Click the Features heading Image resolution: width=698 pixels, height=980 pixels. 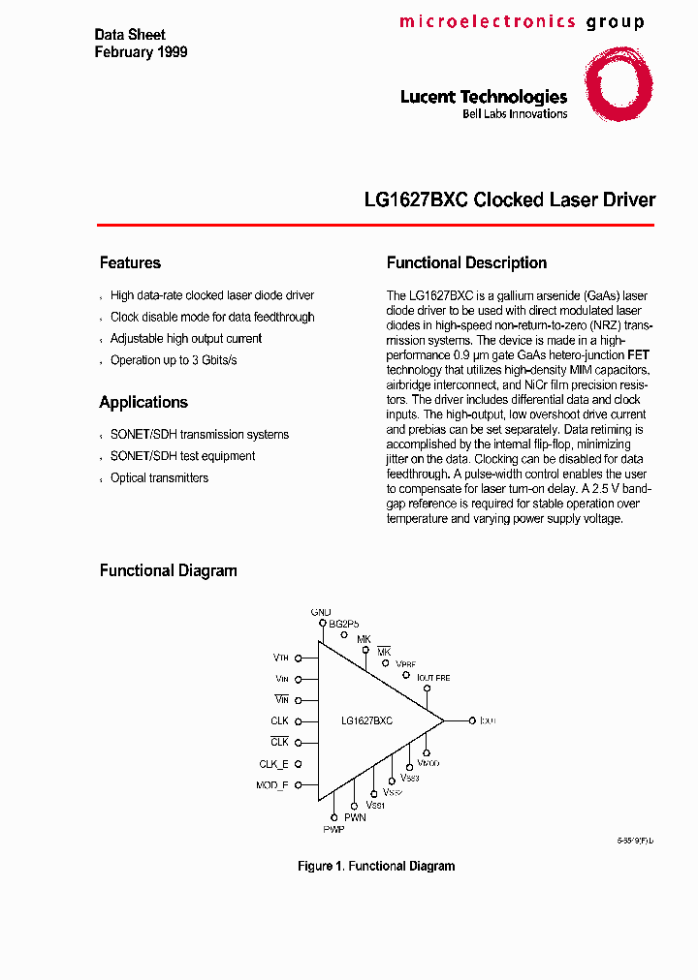click(x=130, y=262)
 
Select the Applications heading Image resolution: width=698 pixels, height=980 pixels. click(x=143, y=402)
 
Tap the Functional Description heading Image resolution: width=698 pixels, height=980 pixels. click(x=466, y=262)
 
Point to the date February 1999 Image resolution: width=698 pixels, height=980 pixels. click(x=141, y=52)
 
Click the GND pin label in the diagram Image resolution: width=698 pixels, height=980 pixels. click(x=321, y=612)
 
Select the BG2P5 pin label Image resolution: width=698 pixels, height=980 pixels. click(x=343, y=625)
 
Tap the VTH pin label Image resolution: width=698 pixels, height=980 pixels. click(x=280, y=658)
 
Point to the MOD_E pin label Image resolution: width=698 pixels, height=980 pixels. click(x=271, y=785)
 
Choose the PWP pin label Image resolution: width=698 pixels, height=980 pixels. click(x=333, y=830)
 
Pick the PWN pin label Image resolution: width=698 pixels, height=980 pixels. click(x=355, y=817)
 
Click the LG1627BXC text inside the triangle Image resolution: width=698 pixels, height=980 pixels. click(x=366, y=721)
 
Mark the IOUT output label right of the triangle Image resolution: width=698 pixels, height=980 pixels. click(x=487, y=720)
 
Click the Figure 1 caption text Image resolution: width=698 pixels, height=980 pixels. click(x=376, y=866)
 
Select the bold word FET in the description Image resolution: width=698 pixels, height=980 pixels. click(x=639, y=355)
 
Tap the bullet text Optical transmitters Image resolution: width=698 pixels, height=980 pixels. click(x=159, y=477)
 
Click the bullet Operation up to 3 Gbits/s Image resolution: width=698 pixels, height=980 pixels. click(x=174, y=359)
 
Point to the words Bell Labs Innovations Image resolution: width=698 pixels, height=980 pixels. click(x=515, y=114)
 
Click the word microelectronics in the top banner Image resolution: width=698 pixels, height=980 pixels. click(x=487, y=21)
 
